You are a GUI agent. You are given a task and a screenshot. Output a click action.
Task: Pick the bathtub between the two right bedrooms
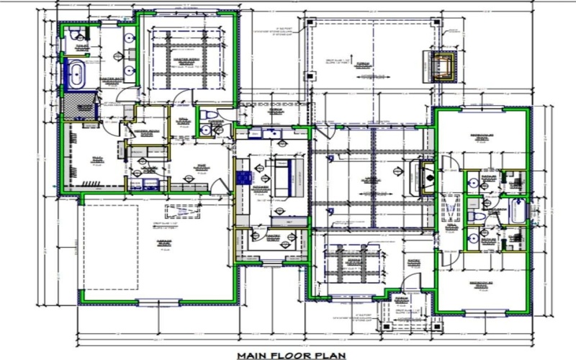pyautogui.click(x=518, y=213)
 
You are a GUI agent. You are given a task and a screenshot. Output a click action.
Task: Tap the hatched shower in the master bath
pyautogui.click(x=80, y=105)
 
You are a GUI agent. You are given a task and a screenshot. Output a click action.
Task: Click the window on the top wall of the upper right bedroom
pyautogui.click(x=481, y=108)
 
